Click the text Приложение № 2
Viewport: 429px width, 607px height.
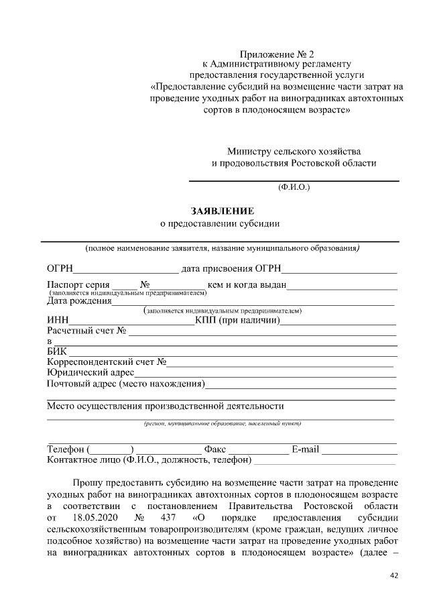(277, 52)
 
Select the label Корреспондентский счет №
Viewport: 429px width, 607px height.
(106, 362)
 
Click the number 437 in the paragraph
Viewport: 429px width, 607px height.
(169, 518)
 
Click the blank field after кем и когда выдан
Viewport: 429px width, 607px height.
(342, 286)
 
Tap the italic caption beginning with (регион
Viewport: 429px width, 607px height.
(222, 423)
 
